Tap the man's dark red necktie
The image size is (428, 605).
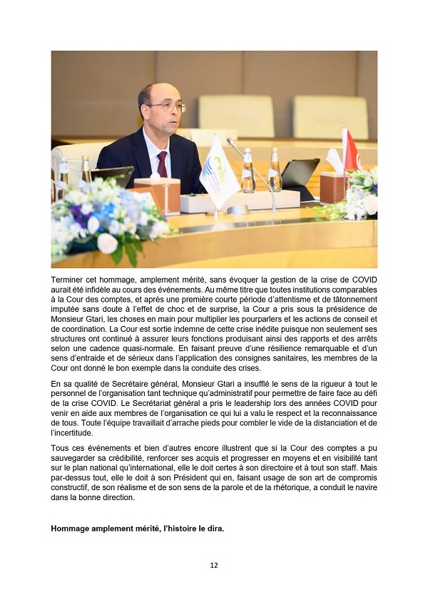(162, 164)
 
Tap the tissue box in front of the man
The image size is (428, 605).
(156, 192)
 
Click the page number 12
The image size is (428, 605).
(214, 565)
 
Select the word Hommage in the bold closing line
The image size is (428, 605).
(71, 529)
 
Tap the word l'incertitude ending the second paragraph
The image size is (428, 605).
(72, 432)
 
